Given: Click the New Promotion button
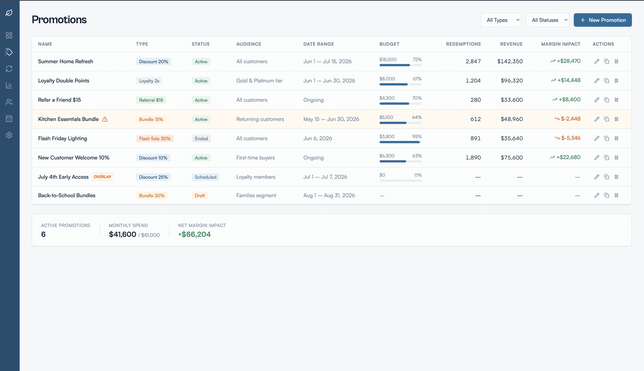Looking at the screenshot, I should tap(602, 20).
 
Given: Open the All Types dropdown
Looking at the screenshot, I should tap(500, 20).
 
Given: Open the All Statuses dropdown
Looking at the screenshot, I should tap(547, 20).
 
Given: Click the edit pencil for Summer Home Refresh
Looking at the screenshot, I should tap(597, 62).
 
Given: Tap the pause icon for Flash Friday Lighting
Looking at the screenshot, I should tap(616, 139).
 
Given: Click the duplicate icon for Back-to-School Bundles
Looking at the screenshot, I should tap(606, 195).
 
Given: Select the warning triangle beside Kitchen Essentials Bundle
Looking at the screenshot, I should tap(105, 119).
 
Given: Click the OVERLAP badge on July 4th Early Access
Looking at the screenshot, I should tap(102, 177).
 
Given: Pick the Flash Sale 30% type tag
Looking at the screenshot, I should tap(155, 139).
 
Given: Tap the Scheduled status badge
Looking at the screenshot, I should tap(205, 177).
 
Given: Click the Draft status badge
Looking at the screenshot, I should tap(200, 196).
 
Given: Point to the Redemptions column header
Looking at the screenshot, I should tap(463, 44).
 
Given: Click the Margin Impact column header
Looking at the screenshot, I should tap(560, 44).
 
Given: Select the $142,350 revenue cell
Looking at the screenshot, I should tap(510, 62).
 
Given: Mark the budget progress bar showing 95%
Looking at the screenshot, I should tap(400, 142).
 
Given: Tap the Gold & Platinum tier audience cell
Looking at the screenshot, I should tap(259, 81).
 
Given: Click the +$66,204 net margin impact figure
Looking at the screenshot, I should tap(195, 234).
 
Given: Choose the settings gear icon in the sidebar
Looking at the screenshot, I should tap(9, 135).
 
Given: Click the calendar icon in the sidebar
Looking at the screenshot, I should tap(9, 118).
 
